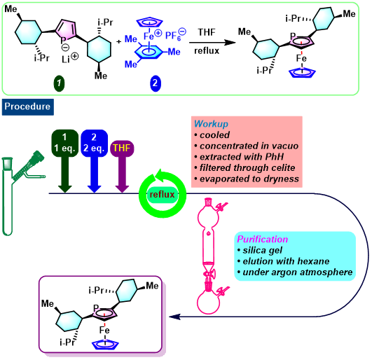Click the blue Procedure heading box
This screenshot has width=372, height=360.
(x=28, y=107)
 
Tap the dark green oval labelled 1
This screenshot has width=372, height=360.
(x=59, y=83)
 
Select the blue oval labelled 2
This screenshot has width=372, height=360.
(x=156, y=83)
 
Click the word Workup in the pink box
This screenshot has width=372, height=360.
(x=211, y=124)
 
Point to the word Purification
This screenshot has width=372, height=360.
(x=263, y=239)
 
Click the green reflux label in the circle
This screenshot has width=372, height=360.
(x=163, y=195)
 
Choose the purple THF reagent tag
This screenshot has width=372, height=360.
(x=122, y=148)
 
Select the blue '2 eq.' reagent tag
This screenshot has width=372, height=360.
(x=94, y=143)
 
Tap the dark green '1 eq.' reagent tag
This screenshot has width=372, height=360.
(x=64, y=143)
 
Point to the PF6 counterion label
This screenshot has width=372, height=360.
(x=175, y=35)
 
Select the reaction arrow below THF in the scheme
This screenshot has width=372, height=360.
(x=212, y=43)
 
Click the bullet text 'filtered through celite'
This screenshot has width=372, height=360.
(x=247, y=167)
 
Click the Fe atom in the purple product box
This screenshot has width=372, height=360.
(x=104, y=330)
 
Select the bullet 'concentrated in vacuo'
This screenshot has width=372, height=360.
(x=249, y=146)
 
